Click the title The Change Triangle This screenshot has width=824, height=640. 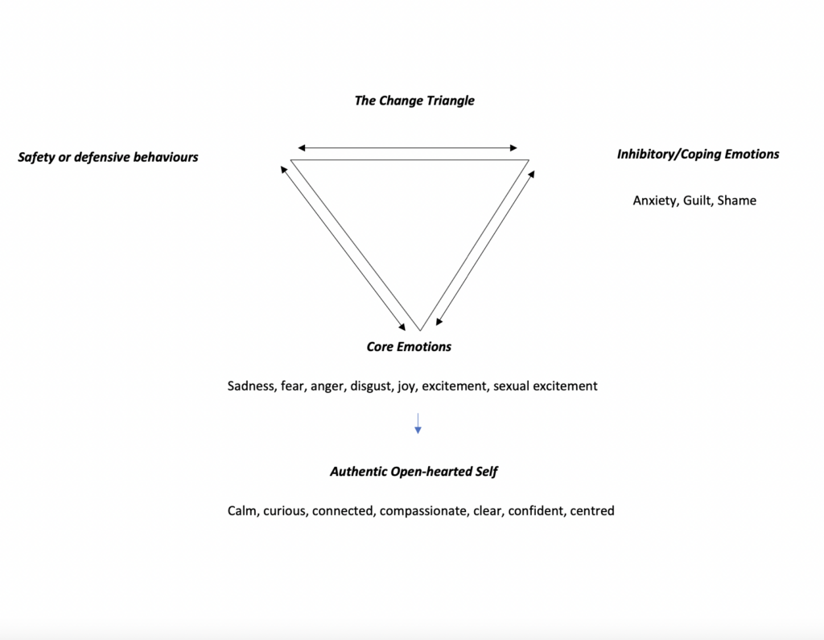tap(414, 101)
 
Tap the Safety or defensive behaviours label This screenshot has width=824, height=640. tap(108, 157)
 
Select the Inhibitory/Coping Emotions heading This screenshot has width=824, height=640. tap(698, 155)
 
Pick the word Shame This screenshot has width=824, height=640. tap(737, 200)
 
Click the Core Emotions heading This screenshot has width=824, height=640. tap(409, 346)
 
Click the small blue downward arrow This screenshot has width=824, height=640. tap(418, 423)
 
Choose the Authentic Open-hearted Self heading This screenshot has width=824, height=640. tap(414, 472)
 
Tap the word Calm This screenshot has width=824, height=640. tap(243, 511)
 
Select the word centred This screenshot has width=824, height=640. tap(592, 511)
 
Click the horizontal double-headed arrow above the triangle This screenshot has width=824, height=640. tap(407, 148)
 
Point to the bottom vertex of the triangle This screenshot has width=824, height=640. tap(420, 331)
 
